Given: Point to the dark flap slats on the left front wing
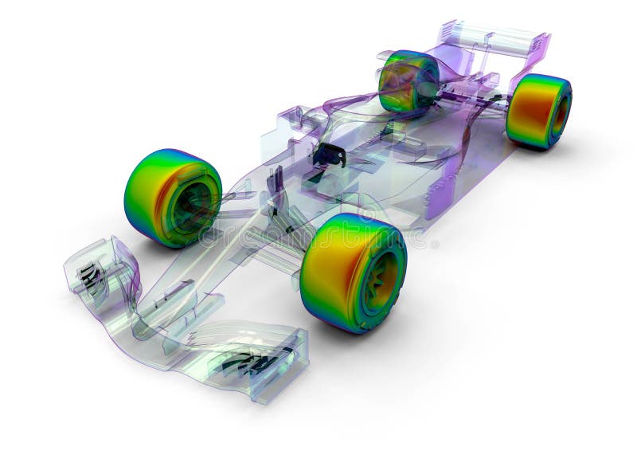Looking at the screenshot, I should click(x=247, y=363).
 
